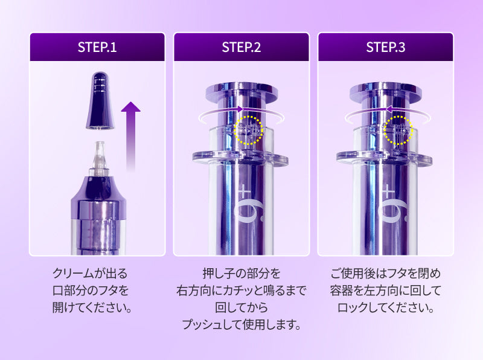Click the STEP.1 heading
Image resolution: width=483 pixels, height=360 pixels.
[x=97, y=47]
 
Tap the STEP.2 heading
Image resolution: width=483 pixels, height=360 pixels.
[x=241, y=47]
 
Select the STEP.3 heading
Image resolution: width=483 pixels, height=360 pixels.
[x=385, y=47]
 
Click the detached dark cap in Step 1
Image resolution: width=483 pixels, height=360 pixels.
[x=100, y=100]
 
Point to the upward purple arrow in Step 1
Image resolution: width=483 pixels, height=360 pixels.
[x=130, y=136]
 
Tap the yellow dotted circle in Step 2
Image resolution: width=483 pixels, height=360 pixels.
[x=248, y=130]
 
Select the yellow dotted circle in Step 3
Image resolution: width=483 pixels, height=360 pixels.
[x=398, y=130]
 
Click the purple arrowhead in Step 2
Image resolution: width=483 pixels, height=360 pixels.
[x=240, y=109]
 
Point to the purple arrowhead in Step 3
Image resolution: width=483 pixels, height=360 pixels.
[x=388, y=109]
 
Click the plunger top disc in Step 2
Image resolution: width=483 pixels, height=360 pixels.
[x=242, y=92]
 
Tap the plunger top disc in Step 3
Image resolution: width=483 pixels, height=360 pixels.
[x=386, y=92]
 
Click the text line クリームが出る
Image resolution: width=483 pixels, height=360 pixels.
[x=90, y=274]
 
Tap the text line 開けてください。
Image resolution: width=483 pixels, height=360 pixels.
[x=92, y=307]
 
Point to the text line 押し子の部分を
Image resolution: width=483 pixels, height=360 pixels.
[x=241, y=274]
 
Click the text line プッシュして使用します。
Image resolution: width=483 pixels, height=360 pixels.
[x=241, y=324]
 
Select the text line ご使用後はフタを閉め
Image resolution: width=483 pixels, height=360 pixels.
[x=386, y=274]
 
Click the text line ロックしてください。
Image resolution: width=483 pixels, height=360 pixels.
[x=386, y=307]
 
